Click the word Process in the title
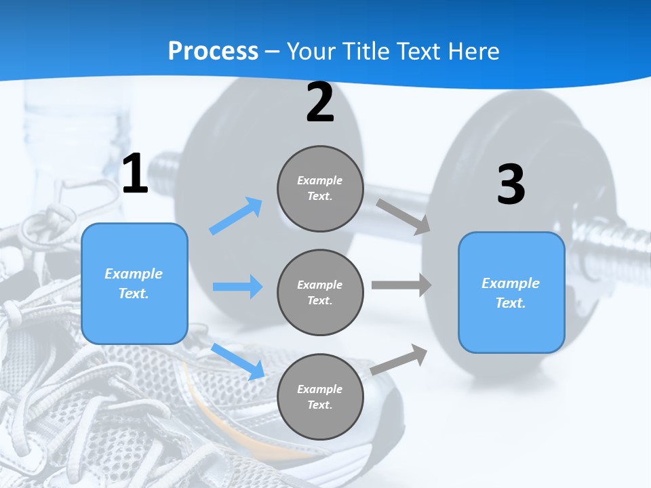click(x=214, y=52)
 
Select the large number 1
click(x=135, y=173)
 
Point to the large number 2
click(x=320, y=102)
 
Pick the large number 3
click(x=511, y=184)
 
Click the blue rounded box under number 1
click(x=134, y=284)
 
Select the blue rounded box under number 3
click(x=511, y=293)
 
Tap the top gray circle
click(x=320, y=188)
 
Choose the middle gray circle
click(x=320, y=293)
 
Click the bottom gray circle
click(x=320, y=396)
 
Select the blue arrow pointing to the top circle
click(x=236, y=216)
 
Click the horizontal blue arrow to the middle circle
click(x=238, y=286)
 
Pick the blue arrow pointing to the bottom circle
click(x=238, y=362)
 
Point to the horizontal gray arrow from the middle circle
click(x=401, y=285)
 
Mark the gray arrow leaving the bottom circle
click(x=399, y=360)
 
